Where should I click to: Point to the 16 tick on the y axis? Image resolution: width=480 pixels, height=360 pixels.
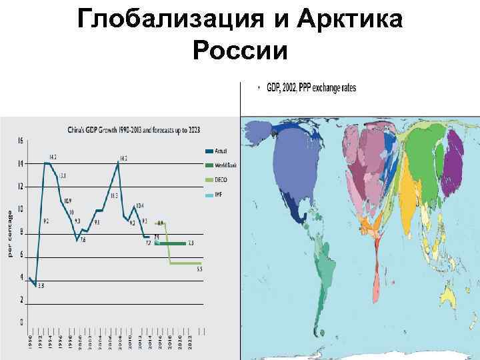[x=20, y=141]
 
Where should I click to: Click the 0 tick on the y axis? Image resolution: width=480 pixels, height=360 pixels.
[x=21, y=323]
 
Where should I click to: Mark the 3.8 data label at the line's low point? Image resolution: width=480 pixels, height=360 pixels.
[x=40, y=287]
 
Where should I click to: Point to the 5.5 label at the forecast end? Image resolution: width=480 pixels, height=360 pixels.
[x=199, y=269]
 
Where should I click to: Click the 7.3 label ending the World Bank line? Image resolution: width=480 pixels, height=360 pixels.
[x=191, y=243]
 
